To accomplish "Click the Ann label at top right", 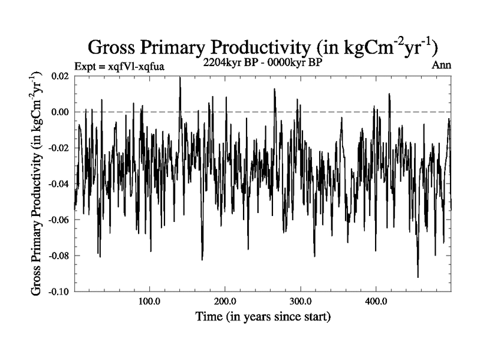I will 442,65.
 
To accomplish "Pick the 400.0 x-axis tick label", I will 375,301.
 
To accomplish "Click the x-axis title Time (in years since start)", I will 263,316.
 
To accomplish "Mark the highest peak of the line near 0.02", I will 179,77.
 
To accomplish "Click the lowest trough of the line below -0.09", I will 418,277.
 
